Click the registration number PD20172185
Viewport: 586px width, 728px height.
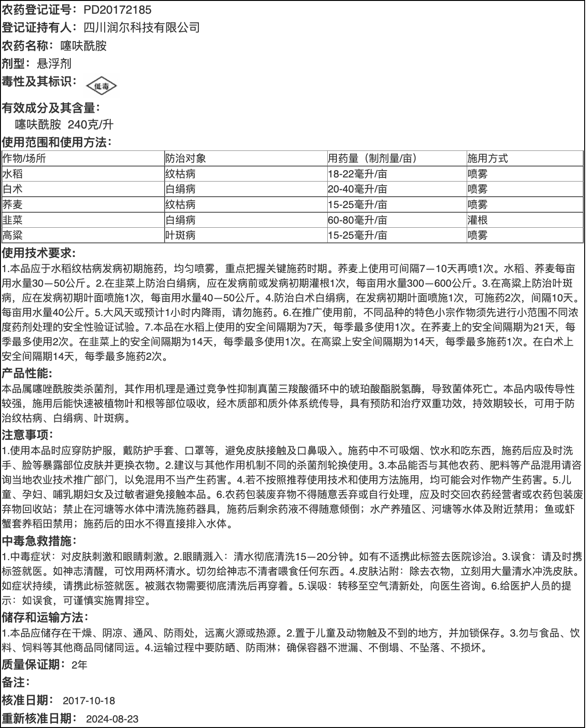point(117,10)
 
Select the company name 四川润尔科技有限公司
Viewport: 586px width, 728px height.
point(142,27)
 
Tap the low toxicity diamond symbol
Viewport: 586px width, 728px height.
point(101,86)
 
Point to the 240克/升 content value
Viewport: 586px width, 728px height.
point(91,124)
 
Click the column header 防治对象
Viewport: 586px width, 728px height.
point(186,159)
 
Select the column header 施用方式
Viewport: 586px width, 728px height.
point(487,159)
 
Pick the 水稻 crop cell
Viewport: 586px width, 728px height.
point(12,174)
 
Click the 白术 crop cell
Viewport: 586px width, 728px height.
point(12,189)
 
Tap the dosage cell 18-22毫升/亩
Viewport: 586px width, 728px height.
point(357,174)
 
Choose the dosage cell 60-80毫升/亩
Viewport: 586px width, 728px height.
point(357,220)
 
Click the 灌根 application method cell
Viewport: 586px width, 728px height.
point(477,220)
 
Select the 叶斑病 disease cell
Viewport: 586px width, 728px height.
point(181,235)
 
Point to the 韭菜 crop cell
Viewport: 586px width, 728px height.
point(12,220)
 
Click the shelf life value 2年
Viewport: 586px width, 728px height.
point(80,665)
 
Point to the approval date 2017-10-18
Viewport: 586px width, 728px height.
point(89,701)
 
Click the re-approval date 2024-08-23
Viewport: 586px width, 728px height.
point(112,718)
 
